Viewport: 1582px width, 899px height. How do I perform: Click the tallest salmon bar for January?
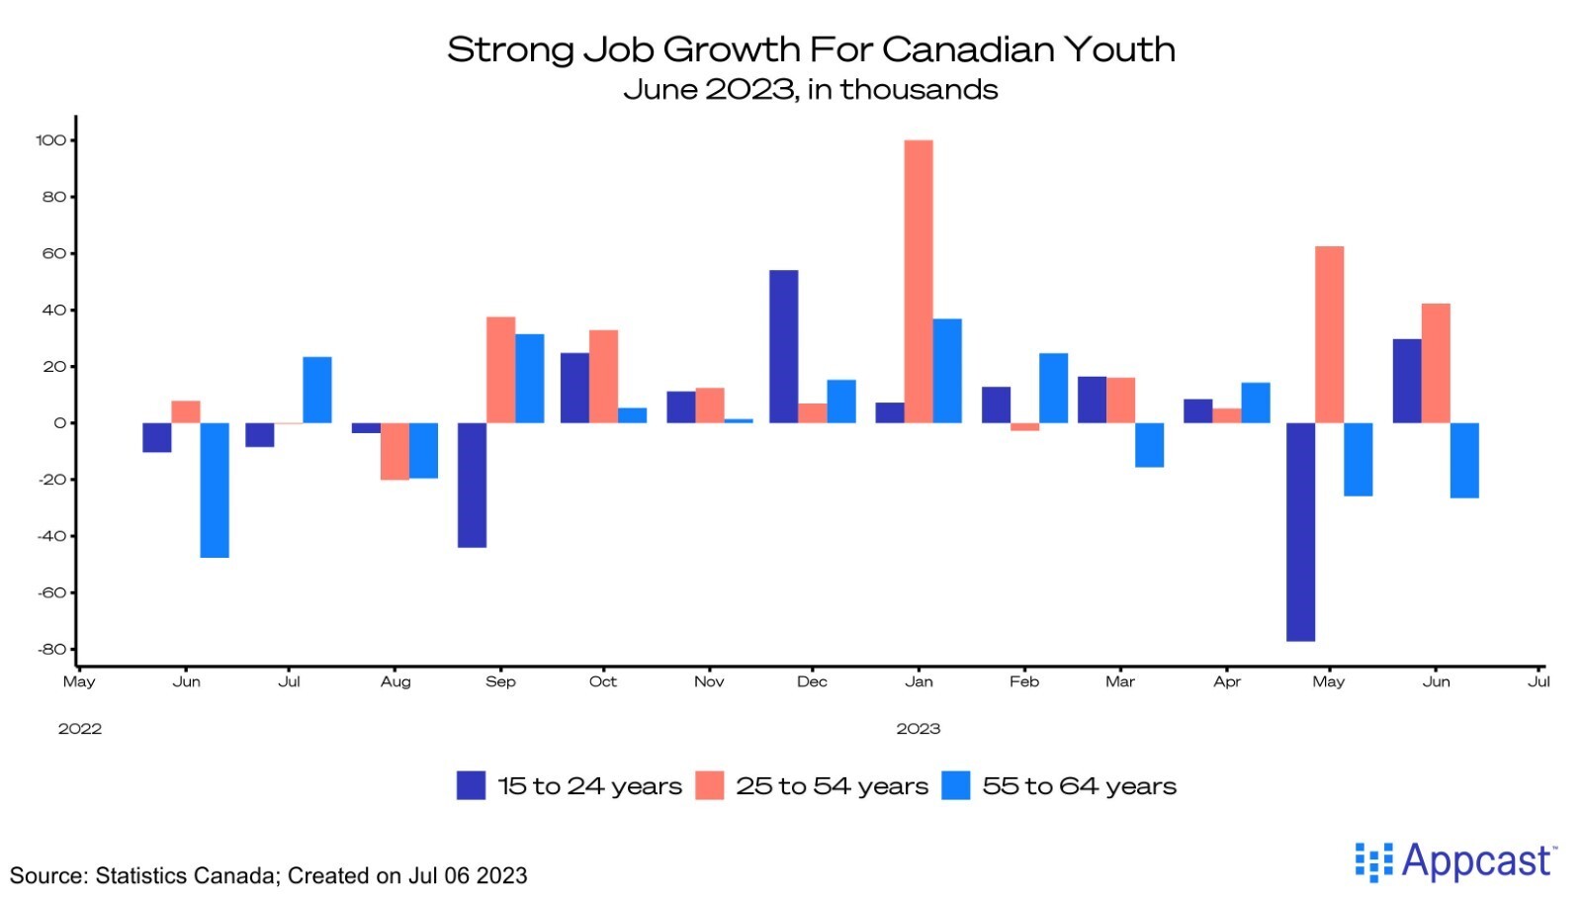919,282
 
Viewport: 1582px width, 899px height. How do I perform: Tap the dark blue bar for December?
783,346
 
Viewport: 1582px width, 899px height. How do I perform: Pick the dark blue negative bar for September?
472,485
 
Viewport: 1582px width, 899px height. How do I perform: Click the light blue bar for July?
317,390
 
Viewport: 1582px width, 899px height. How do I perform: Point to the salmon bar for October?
603,376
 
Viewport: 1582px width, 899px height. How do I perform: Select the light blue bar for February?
1053,388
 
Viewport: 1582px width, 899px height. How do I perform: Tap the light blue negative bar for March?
1149,444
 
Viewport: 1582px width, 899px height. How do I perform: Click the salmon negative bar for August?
395,451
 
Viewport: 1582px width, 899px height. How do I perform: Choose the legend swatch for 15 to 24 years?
471,785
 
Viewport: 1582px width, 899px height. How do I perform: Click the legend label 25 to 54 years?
832,786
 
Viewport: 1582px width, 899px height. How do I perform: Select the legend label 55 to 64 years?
1079,786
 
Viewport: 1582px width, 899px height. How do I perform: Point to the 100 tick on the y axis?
50,140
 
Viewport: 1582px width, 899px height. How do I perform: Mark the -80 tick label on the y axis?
51,650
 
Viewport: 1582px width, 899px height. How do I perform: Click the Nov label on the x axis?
709,681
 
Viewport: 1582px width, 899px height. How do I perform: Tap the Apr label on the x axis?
1227,681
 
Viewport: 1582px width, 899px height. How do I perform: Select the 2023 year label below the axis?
918,729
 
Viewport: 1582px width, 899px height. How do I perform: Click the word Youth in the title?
1118,49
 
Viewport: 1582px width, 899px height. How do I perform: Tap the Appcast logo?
1454,861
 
